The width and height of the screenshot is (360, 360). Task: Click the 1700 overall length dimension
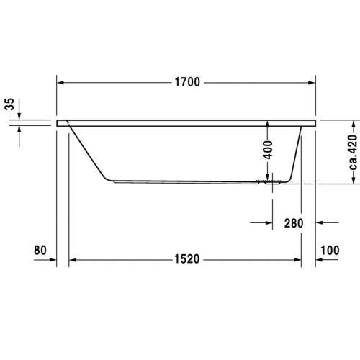tap(186, 81)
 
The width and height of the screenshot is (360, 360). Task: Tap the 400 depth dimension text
tap(267, 150)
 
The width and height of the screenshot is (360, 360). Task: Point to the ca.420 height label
tap(353, 153)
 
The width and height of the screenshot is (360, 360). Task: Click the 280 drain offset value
tap(292, 223)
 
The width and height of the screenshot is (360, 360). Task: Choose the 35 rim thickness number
tap(9, 104)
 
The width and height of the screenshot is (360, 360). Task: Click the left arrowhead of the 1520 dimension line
tap(72, 259)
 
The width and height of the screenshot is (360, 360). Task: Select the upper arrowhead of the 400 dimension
tap(267, 124)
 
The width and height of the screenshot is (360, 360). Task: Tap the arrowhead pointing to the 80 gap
tap(52, 259)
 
